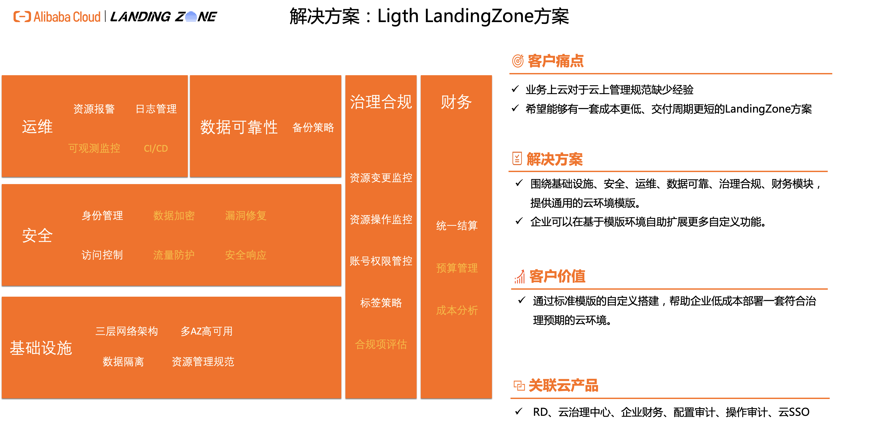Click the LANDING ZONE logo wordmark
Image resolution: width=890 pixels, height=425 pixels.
pos(163,17)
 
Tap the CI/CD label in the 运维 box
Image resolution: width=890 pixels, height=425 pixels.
pos(156,148)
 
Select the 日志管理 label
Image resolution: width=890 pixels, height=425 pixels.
pos(156,109)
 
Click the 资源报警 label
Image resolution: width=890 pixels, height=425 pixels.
pos(94,109)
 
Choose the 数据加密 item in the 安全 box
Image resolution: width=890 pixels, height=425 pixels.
pos(174,215)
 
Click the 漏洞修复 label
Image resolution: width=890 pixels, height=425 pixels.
pos(246,215)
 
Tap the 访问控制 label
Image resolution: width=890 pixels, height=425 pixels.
pos(102,255)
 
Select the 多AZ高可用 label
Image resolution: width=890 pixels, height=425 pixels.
pos(207,331)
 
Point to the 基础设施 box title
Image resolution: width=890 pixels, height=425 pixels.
pos(41,348)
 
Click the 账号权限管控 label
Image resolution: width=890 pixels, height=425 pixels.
pos(381,261)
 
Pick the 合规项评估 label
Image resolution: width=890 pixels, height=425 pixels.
pos(381,344)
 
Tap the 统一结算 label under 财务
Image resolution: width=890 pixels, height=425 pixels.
pos(457,225)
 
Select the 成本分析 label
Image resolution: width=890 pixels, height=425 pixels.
pos(457,310)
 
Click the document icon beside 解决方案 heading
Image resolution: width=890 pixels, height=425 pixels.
pos(517,159)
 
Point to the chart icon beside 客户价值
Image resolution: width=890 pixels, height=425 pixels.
pos(520,277)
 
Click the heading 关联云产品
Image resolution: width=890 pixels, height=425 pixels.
pos(564,385)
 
